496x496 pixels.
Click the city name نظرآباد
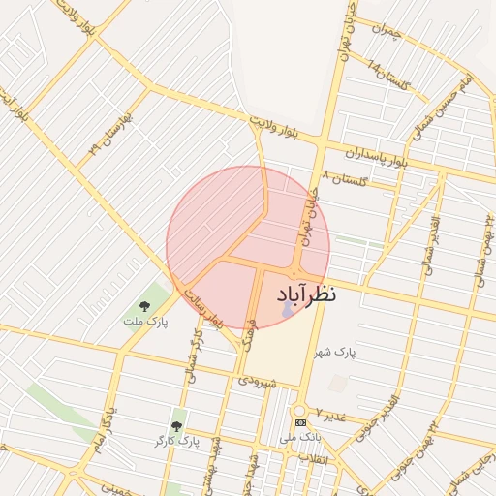tap(306, 292)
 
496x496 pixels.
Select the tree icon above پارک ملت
tap(144, 306)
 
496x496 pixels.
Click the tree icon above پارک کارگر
tap(175, 426)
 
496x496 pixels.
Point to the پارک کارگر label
tap(175, 441)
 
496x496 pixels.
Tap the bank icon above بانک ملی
tap(300, 423)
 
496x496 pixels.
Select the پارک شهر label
tap(334, 352)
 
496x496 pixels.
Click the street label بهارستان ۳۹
tap(106, 136)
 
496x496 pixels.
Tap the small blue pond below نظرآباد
tap(286, 311)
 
